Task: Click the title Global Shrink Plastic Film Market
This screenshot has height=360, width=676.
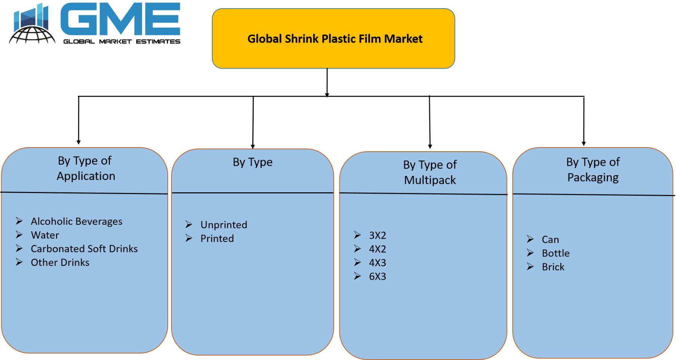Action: pos(335,39)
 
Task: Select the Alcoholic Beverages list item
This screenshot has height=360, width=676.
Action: pos(76,221)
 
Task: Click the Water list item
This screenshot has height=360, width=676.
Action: pos(45,235)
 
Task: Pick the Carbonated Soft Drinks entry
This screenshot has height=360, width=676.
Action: pos(84,249)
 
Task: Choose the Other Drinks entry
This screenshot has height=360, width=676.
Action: pos(60,263)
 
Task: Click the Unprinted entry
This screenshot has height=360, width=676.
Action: pos(223,225)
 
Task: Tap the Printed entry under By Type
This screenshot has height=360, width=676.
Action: pos(217,239)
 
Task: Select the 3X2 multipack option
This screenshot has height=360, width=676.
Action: pos(377,235)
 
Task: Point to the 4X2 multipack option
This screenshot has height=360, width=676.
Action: pos(377,249)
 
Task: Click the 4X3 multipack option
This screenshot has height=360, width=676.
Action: pos(377,263)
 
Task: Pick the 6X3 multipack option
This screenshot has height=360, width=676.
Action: pos(377,277)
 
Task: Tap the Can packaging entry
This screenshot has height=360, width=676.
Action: pos(550,239)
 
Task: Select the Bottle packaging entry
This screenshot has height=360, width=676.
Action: pos(556,253)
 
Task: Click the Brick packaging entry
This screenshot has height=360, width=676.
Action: pos(553,267)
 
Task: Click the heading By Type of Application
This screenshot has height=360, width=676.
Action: pos(86,168)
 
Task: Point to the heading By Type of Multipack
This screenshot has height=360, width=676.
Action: pos(430,172)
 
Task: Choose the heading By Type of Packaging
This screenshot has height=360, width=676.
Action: pos(593,170)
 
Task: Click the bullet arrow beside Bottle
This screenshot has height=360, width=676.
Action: pos(530,253)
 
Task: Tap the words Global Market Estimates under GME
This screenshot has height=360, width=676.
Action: pos(122,41)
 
